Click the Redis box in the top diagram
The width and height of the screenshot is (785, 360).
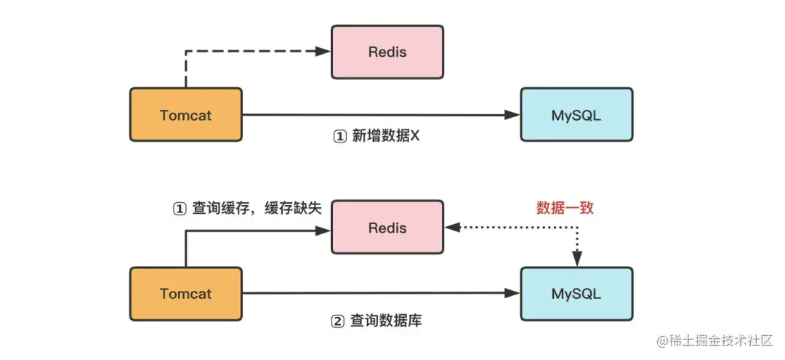(x=387, y=52)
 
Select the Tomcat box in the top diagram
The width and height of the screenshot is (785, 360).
(x=185, y=115)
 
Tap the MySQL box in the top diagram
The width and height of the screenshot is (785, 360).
(x=576, y=115)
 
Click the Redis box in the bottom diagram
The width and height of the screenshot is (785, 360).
(x=387, y=228)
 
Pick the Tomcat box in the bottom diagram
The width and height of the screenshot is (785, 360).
(x=185, y=294)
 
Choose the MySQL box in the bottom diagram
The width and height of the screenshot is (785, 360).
(x=576, y=294)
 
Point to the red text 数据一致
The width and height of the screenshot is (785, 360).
(x=565, y=208)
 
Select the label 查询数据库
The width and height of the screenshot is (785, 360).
(x=386, y=320)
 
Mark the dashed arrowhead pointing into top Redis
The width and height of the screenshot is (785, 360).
(x=325, y=51)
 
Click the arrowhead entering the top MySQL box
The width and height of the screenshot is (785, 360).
(x=514, y=115)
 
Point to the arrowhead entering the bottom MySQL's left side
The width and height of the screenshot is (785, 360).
(x=514, y=294)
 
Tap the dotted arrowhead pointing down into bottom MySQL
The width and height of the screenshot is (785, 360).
(x=577, y=260)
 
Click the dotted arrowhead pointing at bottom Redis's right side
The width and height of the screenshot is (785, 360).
(x=452, y=228)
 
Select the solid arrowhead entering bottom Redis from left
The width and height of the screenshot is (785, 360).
(x=325, y=231)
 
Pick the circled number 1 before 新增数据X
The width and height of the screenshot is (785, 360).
(x=339, y=137)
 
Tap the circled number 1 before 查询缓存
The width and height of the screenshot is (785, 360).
(x=179, y=209)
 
